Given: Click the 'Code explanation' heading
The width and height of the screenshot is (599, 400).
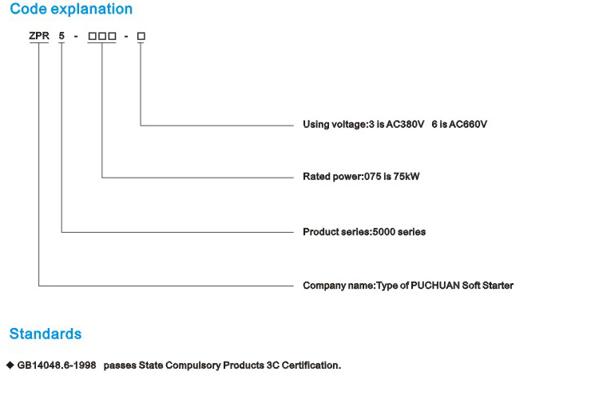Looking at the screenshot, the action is click(71, 9).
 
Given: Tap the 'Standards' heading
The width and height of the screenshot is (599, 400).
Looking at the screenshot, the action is click(46, 334).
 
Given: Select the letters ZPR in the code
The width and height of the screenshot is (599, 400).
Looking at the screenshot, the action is click(39, 36).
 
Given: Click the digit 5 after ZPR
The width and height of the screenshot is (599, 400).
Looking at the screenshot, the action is click(61, 36).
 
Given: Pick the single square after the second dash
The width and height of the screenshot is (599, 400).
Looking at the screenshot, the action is click(141, 36).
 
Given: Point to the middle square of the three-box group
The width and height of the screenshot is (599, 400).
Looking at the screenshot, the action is click(102, 36).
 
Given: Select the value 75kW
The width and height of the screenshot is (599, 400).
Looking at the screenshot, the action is click(407, 177).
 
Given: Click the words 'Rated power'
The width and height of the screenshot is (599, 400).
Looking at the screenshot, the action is click(332, 177).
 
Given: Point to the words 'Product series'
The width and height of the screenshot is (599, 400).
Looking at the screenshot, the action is click(336, 232).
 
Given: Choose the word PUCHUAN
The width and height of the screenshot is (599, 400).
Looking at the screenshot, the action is click(435, 286).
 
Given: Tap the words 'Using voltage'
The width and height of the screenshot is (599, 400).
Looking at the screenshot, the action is click(335, 125).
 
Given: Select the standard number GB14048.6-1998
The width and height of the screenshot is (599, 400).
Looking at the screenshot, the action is click(57, 366).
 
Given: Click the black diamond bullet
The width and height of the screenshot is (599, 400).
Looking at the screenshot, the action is click(10, 365).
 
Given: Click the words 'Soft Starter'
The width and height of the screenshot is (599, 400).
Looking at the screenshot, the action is click(487, 286).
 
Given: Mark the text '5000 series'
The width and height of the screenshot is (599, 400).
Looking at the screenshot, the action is click(399, 232).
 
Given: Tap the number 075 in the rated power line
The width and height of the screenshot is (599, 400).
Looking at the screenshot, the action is click(372, 177).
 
